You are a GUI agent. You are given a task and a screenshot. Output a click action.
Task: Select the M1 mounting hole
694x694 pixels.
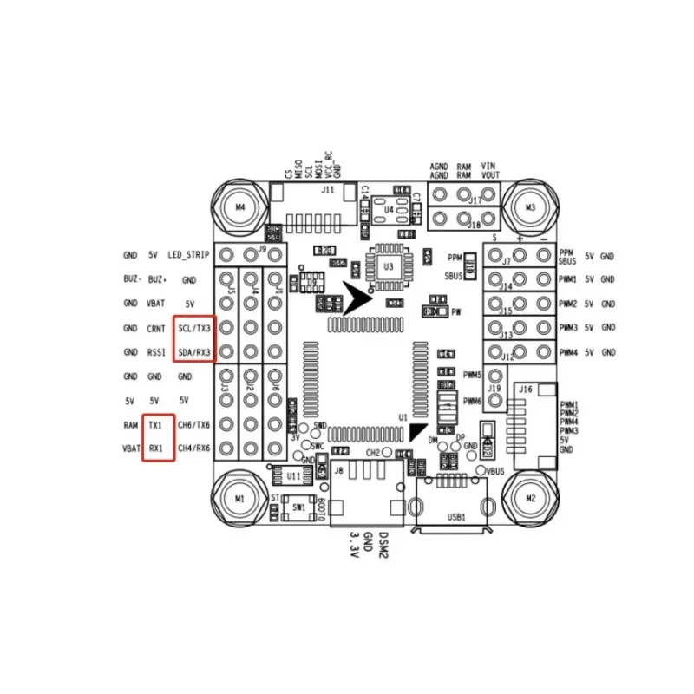point(240,498)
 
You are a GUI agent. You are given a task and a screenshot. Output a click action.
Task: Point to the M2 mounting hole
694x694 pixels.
point(530,498)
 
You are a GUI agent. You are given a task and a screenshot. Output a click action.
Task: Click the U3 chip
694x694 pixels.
point(388,267)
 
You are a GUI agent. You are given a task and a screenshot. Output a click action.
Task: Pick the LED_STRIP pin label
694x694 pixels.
point(189,255)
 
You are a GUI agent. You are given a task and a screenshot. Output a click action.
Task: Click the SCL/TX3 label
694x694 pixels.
point(193,329)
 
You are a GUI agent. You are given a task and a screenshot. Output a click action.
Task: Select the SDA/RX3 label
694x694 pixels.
point(193,352)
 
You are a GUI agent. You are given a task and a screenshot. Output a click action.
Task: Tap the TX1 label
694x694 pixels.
point(155,425)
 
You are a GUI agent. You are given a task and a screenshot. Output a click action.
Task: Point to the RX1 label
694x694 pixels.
point(155,448)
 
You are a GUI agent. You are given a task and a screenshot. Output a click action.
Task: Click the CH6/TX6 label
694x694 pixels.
point(193,425)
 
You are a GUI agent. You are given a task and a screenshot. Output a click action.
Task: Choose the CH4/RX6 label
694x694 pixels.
point(193,448)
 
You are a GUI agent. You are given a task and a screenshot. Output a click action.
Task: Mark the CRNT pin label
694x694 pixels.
point(155,329)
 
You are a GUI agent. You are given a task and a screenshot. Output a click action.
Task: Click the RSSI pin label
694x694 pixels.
point(155,352)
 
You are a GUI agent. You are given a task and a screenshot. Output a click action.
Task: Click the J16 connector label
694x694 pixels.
point(525,390)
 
